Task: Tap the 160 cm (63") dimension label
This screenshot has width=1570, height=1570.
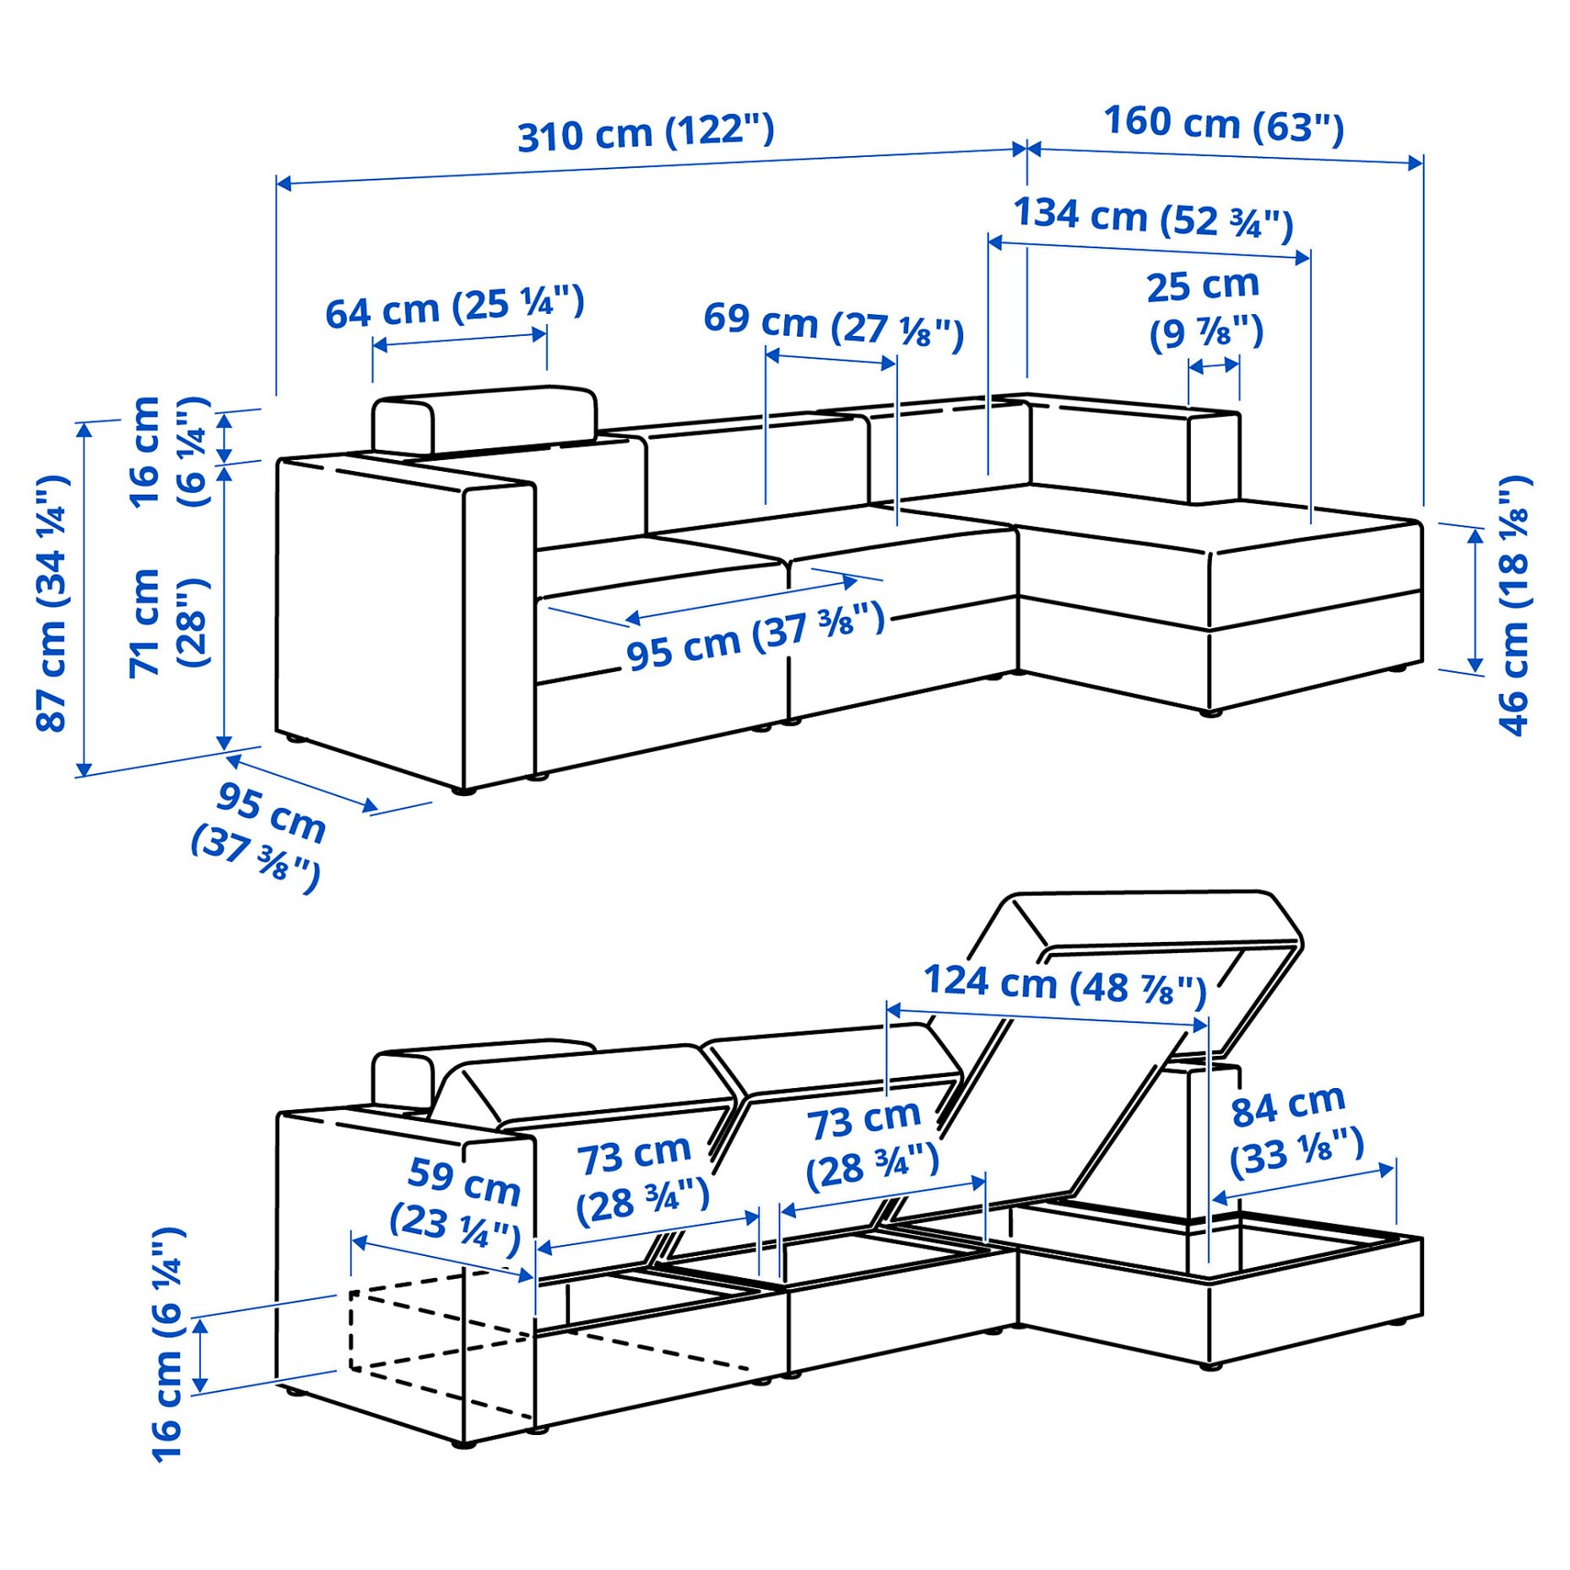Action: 1223,124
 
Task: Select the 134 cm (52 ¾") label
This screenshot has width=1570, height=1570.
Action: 1152,219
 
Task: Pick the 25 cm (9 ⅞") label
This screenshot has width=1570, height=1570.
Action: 1205,309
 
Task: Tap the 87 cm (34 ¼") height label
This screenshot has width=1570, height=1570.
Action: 52,603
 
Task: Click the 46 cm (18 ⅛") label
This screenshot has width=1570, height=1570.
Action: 1513,606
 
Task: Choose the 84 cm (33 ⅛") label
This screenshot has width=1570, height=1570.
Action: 1295,1131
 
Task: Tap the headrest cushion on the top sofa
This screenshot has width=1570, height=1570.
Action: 485,419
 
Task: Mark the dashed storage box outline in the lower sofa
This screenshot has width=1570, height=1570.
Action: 439,1342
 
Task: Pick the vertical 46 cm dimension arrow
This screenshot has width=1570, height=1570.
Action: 1475,601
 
